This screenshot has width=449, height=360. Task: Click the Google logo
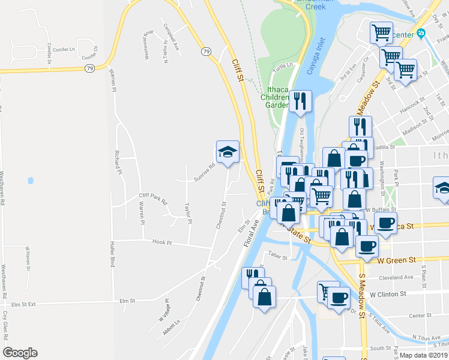(x=20, y=353)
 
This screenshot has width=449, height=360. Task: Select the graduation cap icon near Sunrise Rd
(x=228, y=152)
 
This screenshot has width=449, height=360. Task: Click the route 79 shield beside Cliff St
(x=206, y=52)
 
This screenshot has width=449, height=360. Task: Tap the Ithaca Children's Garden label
(x=278, y=97)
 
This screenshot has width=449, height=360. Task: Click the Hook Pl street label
(x=162, y=243)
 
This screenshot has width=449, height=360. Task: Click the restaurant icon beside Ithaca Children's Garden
(x=300, y=101)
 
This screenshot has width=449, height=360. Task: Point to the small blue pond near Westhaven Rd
(x=29, y=180)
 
